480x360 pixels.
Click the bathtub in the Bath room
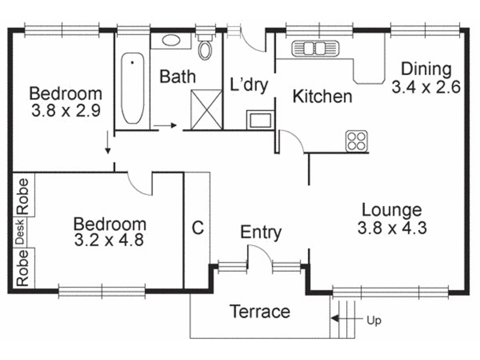pos(132,88)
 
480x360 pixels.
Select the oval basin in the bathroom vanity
pos(171,40)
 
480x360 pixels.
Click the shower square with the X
pos(206,109)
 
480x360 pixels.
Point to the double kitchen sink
pos(315,49)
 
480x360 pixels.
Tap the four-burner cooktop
pos(356,141)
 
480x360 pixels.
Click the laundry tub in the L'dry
pos(260,119)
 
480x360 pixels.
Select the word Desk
pos(20,232)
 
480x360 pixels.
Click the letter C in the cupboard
pos(198,228)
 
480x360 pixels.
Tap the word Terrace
pos(260,311)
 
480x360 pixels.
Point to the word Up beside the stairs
pos(374,320)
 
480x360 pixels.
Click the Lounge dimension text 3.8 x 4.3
pos(392,228)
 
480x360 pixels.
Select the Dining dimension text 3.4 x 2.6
pos(426,87)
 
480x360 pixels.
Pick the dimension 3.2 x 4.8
pos(109,239)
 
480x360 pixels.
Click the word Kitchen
pos(322,97)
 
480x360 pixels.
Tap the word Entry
pos(261,232)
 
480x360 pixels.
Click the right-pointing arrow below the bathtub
pos(165,125)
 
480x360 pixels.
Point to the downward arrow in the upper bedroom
pos(107,143)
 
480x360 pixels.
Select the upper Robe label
pos(23,196)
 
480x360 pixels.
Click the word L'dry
pos(249,85)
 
